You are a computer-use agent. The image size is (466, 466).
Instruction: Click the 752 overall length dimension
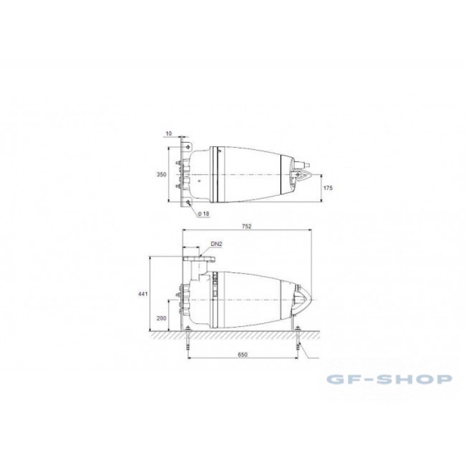[246, 226]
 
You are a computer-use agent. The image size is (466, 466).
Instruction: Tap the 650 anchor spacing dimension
[242, 354]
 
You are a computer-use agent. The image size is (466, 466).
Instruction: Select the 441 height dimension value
[143, 294]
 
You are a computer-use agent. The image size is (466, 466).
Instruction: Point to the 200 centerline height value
[161, 318]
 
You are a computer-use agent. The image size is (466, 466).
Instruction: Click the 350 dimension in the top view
[161, 174]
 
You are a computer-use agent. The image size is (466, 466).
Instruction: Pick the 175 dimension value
[328, 188]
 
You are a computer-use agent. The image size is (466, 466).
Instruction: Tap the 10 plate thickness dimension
[168, 133]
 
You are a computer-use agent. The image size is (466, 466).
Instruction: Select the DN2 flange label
[217, 244]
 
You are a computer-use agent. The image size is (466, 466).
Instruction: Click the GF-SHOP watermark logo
[389, 379]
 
